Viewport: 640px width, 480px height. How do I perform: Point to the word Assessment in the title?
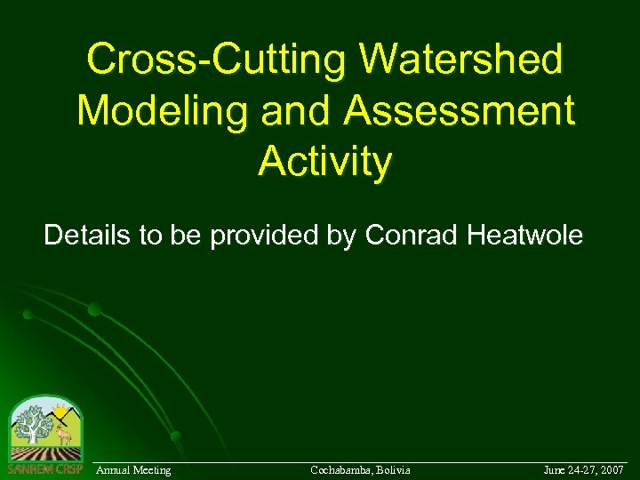pyautogui.click(x=459, y=111)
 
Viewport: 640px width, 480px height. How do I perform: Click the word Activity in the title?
pyautogui.click(x=324, y=162)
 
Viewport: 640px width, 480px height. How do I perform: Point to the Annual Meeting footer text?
pyautogui.click(x=133, y=469)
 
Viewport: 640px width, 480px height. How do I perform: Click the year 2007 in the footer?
pyautogui.click(x=611, y=469)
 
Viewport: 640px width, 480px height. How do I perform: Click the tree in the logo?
pyautogui.click(x=34, y=424)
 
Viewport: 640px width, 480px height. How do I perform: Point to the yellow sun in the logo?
pyautogui.click(x=60, y=411)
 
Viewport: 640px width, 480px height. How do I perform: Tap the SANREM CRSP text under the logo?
pyautogui.click(x=44, y=468)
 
